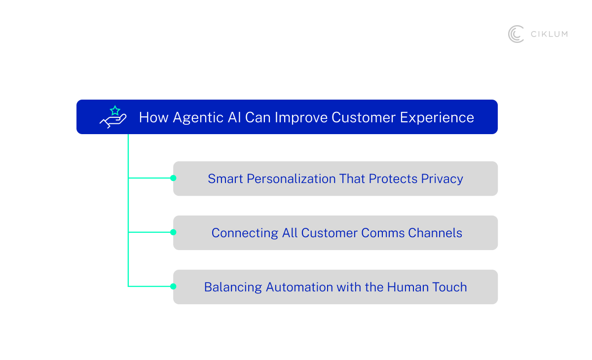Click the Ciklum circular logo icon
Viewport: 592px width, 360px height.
coord(516,34)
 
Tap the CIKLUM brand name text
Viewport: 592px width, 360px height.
coord(549,34)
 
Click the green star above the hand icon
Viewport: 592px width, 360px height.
coord(115,110)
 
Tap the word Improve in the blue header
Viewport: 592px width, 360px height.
coord(301,117)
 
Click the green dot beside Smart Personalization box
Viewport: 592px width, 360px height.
coord(173,178)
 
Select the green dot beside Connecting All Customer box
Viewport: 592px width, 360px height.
coord(173,232)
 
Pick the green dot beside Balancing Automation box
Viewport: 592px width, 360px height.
coord(173,286)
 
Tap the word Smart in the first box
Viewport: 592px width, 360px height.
coord(225,179)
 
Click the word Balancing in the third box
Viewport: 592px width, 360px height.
coord(233,287)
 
